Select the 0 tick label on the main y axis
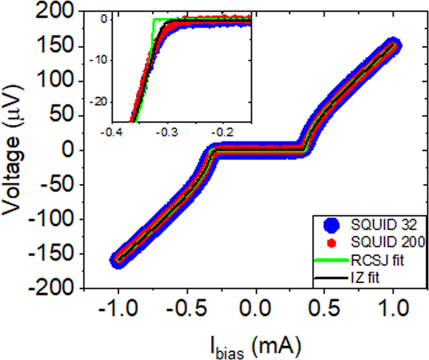[x=69, y=151]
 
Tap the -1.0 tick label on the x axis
[x=118, y=309]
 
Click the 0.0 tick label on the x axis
[x=256, y=309]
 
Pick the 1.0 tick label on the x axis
[x=394, y=309]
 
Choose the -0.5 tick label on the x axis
[x=187, y=309]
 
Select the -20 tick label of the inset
[x=101, y=101]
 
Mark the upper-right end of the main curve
[x=394, y=45]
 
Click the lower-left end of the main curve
[x=118, y=260]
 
